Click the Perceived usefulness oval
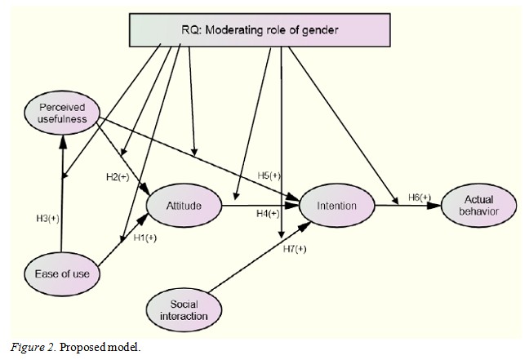click(x=63, y=114)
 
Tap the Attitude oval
click(x=183, y=206)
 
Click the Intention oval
click(x=337, y=206)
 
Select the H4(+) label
click(x=268, y=214)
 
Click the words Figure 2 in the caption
click(x=27, y=346)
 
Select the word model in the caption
click(x=113, y=346)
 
